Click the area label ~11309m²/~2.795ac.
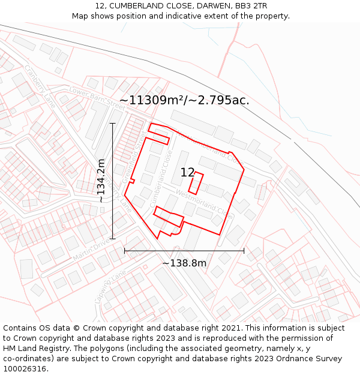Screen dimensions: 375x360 pyautogui.click(x=184, y=100)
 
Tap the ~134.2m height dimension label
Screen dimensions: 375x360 pyautogui.click(x=101, y=180)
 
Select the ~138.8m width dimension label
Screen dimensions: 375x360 pyautogui.click(x=184, y=263)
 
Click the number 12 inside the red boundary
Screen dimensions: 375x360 pyautogui.click(x=187, y=173)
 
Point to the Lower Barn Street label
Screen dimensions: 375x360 pyautogui.click(x=95, y=97)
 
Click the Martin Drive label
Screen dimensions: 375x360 pyautogui.click(x=91, y=248)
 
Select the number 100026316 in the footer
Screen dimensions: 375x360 pyautogui.click(x=25, y=369)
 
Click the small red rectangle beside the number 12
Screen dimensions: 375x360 pyautogui.click(x=197, y=182)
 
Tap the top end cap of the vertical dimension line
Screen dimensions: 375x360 pyautogui.click(x=112, y=124)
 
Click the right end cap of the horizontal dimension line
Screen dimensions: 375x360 pyautogui.click(x=244, y=250)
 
